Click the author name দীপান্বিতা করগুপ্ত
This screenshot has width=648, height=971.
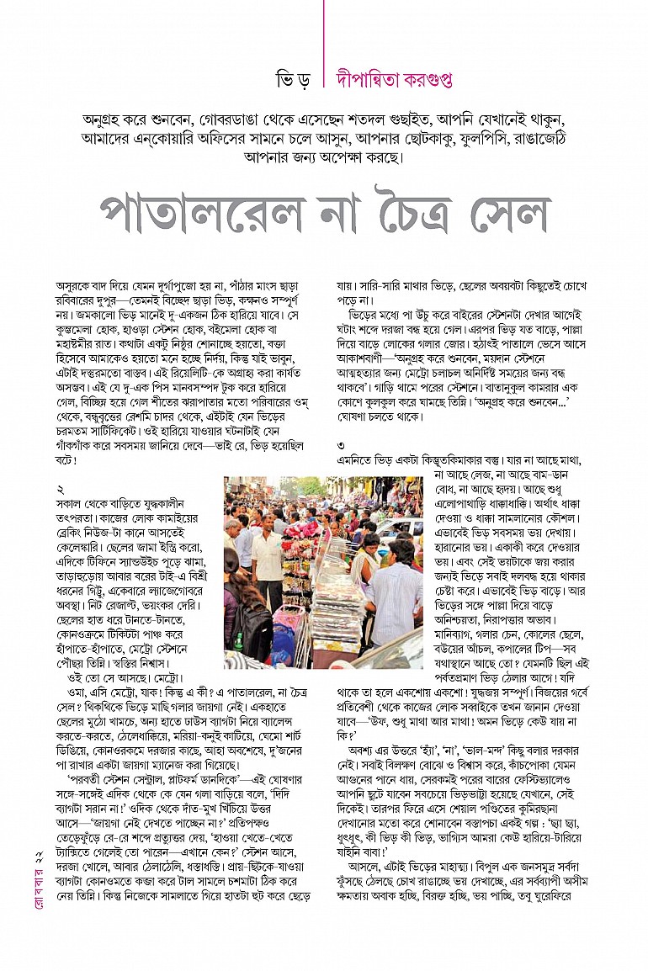[x=394, y=78]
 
